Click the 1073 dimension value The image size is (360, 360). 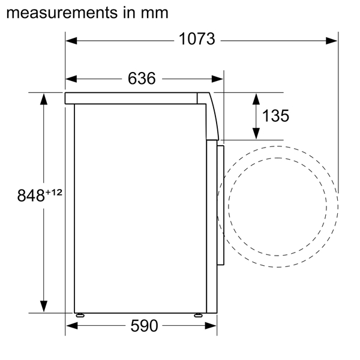click(197, 40)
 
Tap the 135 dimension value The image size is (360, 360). click(276, 116)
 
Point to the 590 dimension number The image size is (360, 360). click(143, 326)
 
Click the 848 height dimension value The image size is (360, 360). click(30, 196)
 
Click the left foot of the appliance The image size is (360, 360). click(80, 314)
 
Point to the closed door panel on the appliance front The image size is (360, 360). click(220, 198)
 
